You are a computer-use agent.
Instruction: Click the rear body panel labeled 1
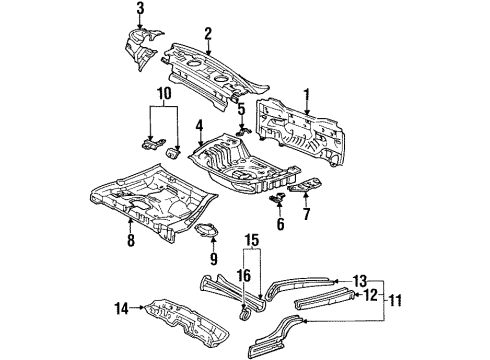300,130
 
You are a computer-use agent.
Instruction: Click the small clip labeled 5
244,131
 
